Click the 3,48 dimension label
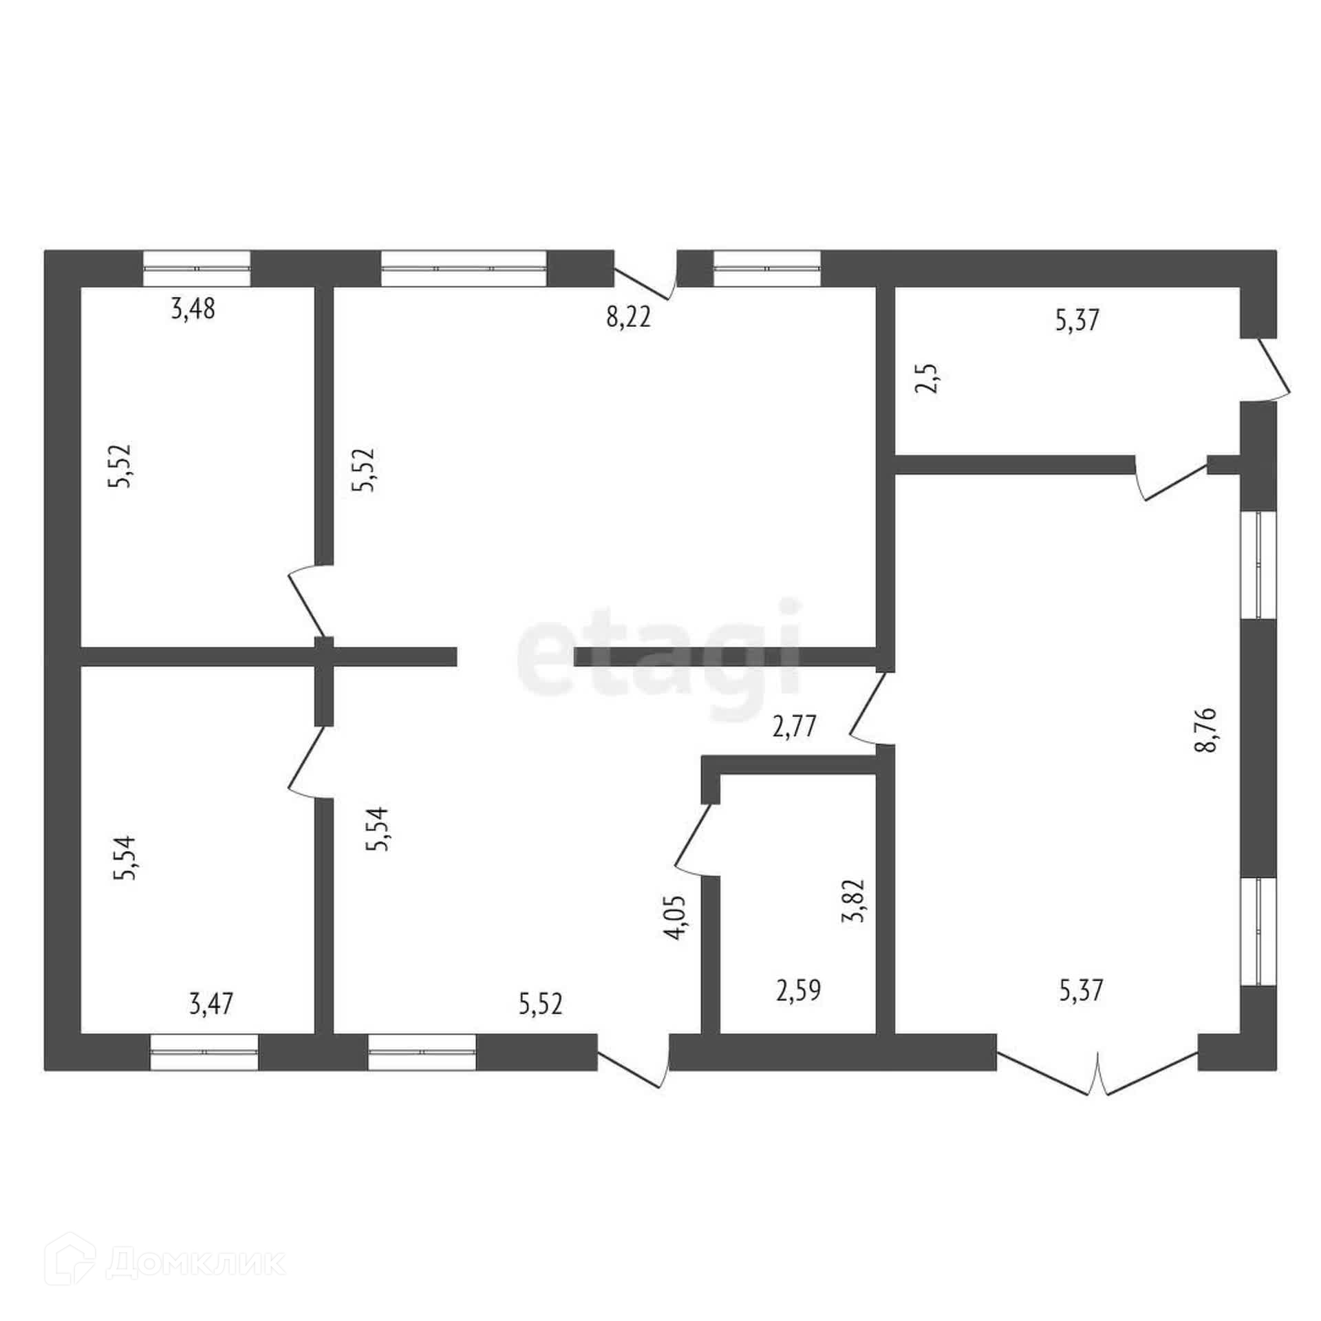click(x=193, y=310)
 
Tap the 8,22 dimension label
click(x=628, y=319)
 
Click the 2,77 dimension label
click(x=795, y=727)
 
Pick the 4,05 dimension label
click(x=675, y=918)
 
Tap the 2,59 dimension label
click(x=798, y=991)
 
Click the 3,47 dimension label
click(x=211, y=1004)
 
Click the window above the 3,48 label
click(x=197, y=268)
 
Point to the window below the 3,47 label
click(x=204, y=1053)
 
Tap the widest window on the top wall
click(x=464, y=268)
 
